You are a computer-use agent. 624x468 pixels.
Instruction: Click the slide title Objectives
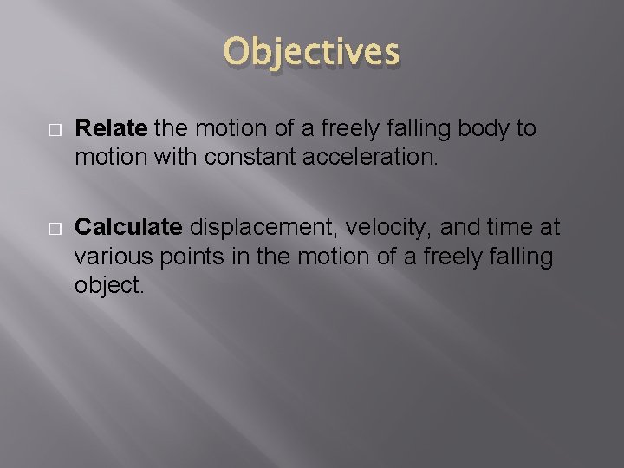(311, 52)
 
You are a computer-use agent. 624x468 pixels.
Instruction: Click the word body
(485, 129)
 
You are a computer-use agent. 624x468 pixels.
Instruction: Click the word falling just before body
(421, 129)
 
